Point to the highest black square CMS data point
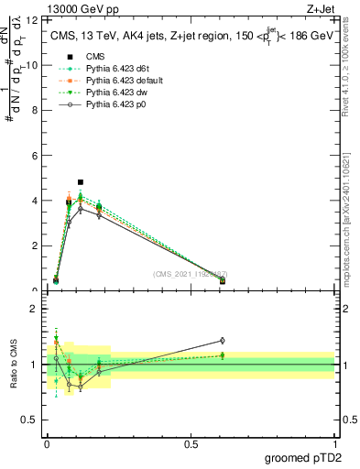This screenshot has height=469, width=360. (x=81, y=182)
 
